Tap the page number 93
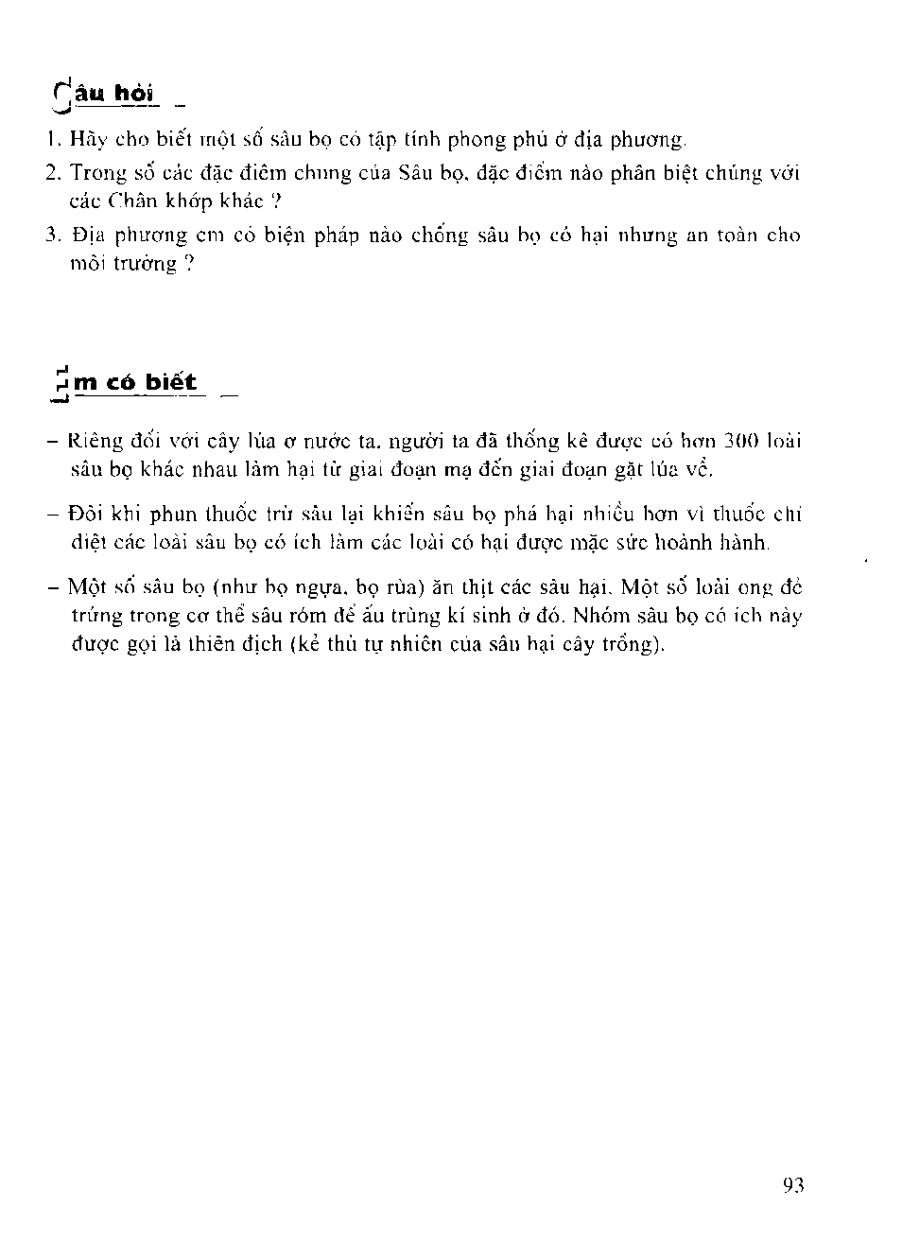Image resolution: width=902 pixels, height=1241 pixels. [793, 1185]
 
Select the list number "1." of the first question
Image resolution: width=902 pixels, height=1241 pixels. [54, 140]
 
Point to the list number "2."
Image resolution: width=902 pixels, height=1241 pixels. [53, 173]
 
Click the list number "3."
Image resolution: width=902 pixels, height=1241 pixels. [53, 235]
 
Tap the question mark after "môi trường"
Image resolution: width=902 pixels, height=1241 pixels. [189, 264]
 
